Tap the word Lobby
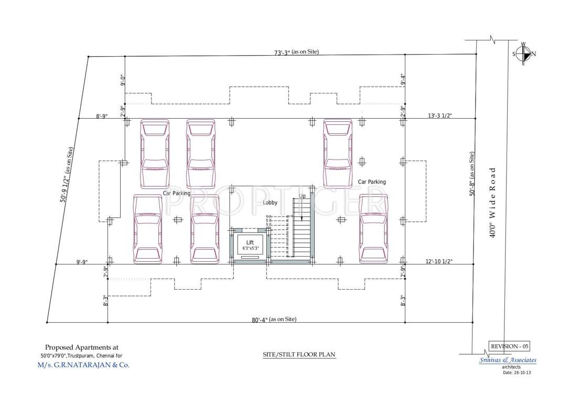(x=270, y=202)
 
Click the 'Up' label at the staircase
(x=302, y=196)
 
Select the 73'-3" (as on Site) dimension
(x=296, y=52)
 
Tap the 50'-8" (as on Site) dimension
(x=472, y=174)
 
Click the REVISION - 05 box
(x=509, y=346)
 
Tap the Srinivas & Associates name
(x=508, y=360)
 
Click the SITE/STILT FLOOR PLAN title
(x=299, y=355)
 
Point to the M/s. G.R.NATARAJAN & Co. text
(x=83, y=365)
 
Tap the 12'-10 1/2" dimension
(x=438, y=261)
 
